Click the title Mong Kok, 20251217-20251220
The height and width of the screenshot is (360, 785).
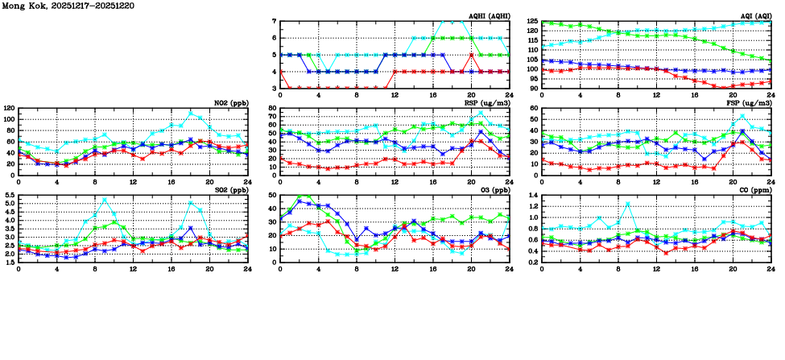pyautogui.click(x=58, y=6)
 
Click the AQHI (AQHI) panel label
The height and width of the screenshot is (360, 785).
pyautogui.click(x=490, y=16)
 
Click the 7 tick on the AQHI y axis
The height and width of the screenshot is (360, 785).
pyautogui.click(x=275, y=22)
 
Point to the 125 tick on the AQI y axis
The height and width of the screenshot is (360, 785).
pyautogui.click(x=532, y=22)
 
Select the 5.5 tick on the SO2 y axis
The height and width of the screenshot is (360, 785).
pyautogui.click(x=8, y=196)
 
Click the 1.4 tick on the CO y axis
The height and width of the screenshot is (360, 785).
pyautogui.click(x=532, y=196)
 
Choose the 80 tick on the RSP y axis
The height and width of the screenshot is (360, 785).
pyautogui.click(x=272, y=109)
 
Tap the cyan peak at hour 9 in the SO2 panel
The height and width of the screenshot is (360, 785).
pyautogui.click(x=104, y=200)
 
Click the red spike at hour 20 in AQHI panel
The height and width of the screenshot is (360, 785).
pyautogui.click(x=471, y=55)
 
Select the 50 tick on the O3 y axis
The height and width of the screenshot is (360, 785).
pyautogui.click(x=272, y=196)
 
